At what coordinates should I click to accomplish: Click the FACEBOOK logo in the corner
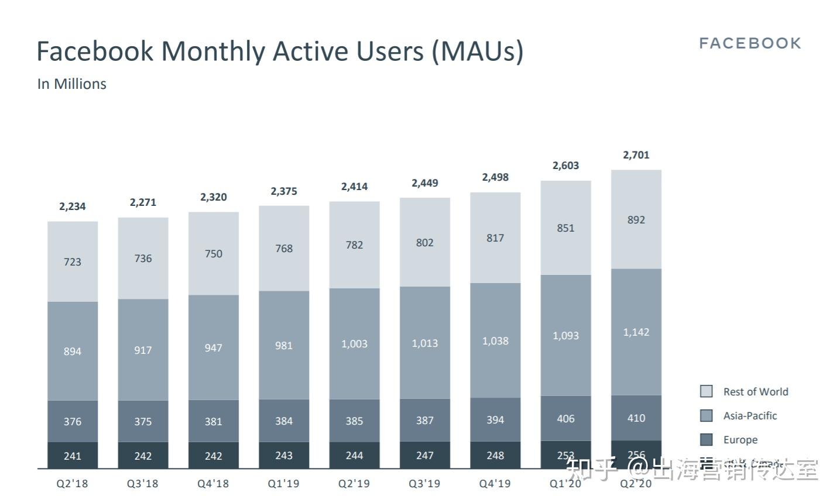tap(750, 43)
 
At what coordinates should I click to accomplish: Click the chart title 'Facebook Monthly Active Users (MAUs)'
tap(280, 51)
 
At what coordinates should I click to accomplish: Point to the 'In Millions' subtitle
tap(71, 84)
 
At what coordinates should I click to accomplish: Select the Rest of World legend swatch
tap(707, 391)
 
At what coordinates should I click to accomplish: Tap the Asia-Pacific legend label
tap(750, 416)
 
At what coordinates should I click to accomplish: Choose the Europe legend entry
tap(740, 440)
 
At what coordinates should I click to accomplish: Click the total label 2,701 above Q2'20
tap(636, 155)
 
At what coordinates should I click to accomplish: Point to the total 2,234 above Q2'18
tap(72, 206)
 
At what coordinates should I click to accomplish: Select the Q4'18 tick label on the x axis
tap(213, 484)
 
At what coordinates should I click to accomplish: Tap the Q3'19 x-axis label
tap(424, 484)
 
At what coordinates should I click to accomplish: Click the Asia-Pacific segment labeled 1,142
tap(636, 332)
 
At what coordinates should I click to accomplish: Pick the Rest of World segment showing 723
tap(73, 261)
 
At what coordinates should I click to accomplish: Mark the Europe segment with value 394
tap(495, 419)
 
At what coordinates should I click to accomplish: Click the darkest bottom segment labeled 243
tap(284, 455)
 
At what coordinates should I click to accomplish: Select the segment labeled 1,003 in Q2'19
tap(354, 343)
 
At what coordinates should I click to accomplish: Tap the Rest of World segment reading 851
tap(565, 228)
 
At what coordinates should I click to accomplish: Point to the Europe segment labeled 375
tap(143, 421)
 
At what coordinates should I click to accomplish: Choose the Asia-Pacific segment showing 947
tap(213, 348)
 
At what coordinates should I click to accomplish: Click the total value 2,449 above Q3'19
tap(424, 183)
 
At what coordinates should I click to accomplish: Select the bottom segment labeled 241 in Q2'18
tap(73, 456)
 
